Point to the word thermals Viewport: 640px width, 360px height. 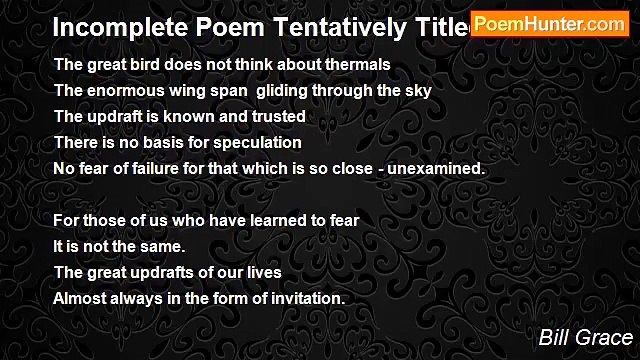356,64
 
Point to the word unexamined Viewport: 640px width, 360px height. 438,168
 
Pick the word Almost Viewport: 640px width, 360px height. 78,298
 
